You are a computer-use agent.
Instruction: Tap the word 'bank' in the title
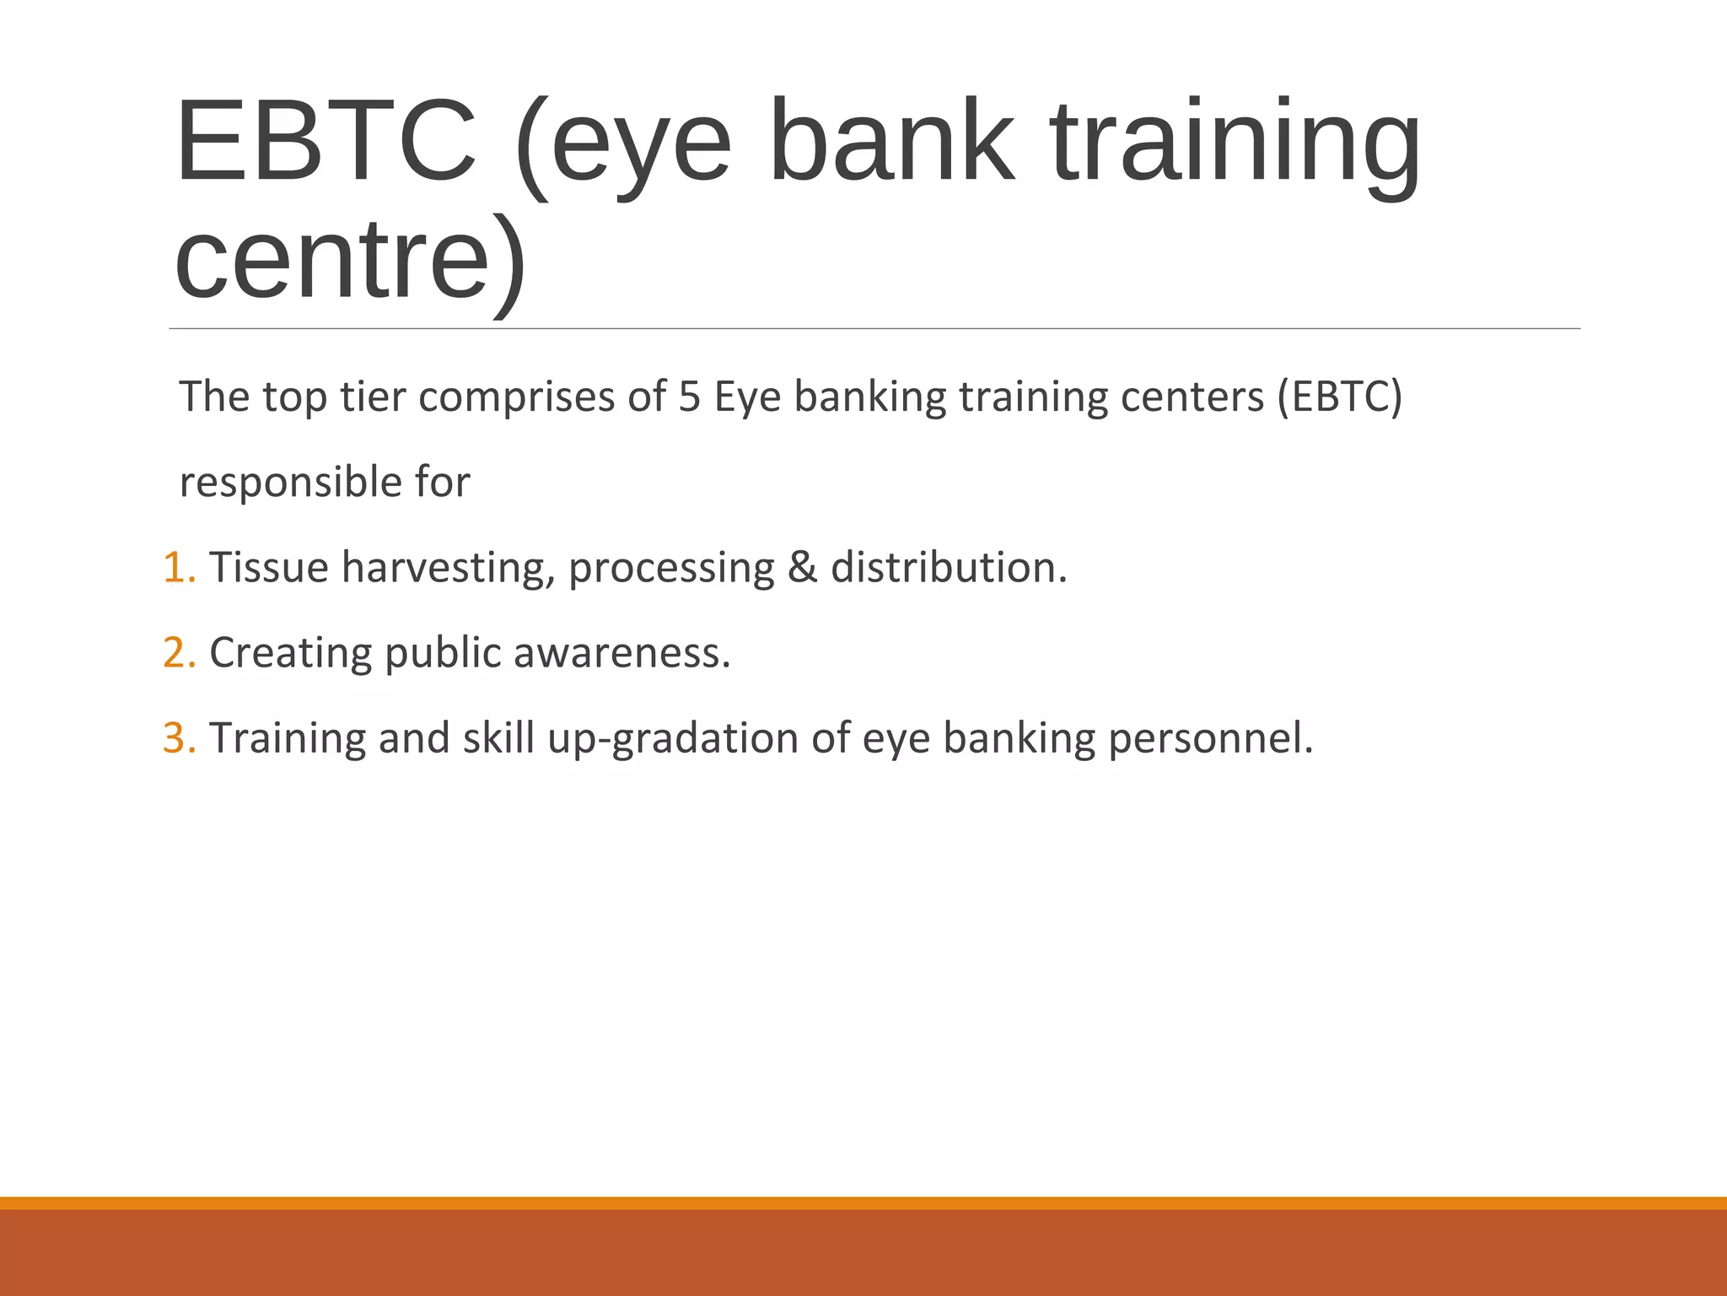(892, 141)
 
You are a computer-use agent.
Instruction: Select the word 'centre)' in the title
(350, 259)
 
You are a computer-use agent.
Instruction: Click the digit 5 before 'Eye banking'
(690, 397)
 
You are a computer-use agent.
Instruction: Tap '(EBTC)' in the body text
(1339, 397)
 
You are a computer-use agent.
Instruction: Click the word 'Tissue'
(269, 567)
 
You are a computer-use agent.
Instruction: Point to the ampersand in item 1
(802, 567)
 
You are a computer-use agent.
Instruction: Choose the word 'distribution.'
(949, 567)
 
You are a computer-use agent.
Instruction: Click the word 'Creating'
(290, 653)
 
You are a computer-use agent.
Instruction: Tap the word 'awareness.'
(621, 653)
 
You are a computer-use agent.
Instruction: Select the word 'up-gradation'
(673, 738)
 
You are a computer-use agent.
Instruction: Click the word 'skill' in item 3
(498, 738)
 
